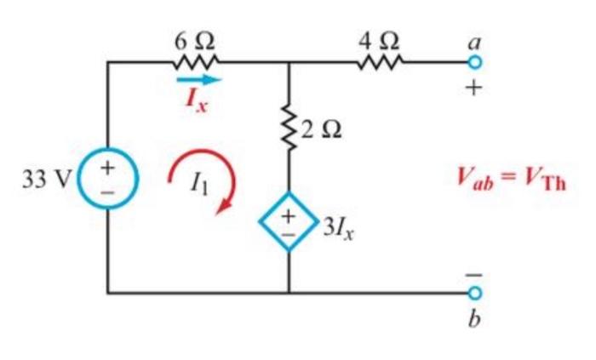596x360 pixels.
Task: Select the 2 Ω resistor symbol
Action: pos(290,133)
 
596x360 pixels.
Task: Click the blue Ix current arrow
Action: pos(198,80)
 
